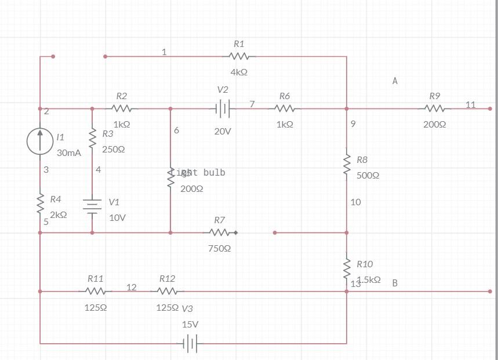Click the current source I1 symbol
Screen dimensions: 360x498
point(40,141)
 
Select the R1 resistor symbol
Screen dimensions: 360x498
point(239,56)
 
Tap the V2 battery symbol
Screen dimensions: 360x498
point(223,108)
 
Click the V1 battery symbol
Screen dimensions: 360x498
point(92,206)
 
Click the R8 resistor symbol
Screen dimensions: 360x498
point(347,164)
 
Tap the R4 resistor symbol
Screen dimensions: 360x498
point(40,204)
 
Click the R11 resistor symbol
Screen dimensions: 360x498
point(96,291)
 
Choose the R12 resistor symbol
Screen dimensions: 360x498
point(167,291)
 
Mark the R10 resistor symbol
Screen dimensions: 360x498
point(347,268)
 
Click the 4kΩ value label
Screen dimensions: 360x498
point(239,72)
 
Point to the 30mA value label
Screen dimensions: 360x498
point(69,153)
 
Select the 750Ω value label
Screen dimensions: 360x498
point(220,248)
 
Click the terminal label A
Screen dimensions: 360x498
point(395,81)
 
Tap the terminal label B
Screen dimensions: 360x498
point(395,283)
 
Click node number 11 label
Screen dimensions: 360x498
point(470,104)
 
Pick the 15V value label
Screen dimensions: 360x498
point(190,324)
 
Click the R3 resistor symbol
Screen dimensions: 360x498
point(92,137)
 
